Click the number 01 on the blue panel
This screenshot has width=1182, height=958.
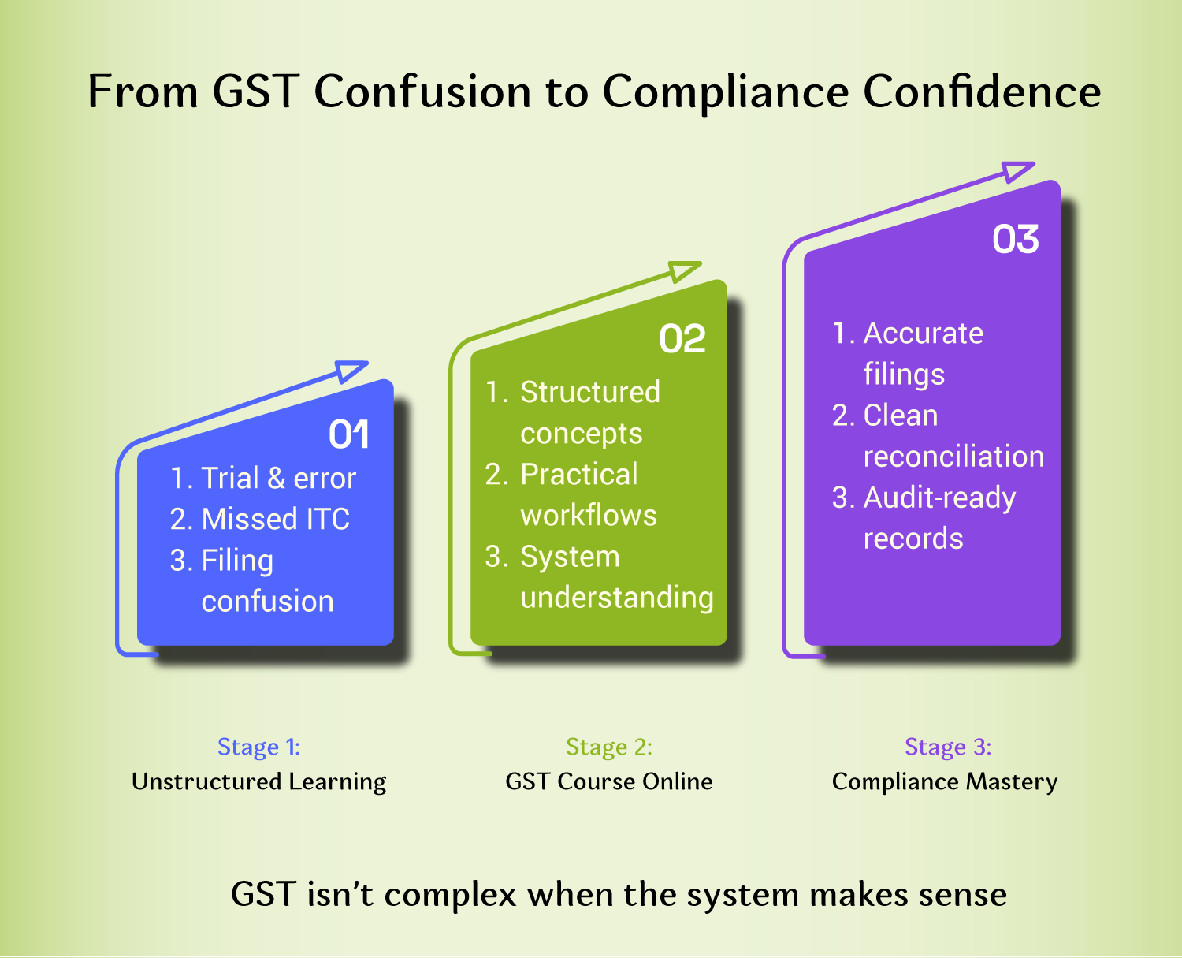point(348,434)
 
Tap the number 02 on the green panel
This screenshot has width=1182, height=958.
point(682,339)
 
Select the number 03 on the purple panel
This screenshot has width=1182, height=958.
point(1015,240)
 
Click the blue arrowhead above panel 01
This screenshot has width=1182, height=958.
point(351,371)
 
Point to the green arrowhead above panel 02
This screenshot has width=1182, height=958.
point(684,271)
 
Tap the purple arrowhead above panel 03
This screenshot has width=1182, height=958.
point(1017,171)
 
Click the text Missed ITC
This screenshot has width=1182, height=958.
point(275,519)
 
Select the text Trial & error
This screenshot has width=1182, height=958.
point(278,478)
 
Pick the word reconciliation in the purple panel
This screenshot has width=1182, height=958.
point(953,457)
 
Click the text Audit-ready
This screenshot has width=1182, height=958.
point(939,498)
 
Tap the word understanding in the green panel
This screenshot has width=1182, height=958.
point(616,598)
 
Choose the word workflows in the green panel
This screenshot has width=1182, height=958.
point(589,516)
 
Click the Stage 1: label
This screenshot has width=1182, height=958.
point(258,747)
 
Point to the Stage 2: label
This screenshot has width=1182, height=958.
point(608,747)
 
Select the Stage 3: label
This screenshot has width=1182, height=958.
point(947,747)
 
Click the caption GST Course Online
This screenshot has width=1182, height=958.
point(608,781)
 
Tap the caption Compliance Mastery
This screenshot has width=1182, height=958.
point(944,781)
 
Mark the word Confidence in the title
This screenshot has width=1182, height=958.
point(982,91)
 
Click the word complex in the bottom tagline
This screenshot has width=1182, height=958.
point(450,895)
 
